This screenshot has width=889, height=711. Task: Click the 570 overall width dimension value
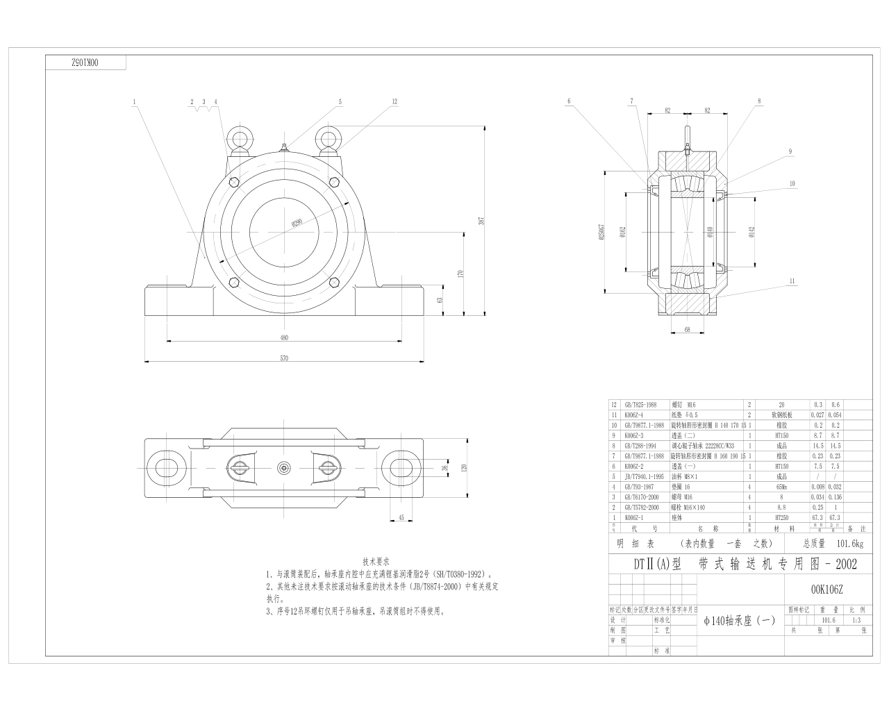point(283,358)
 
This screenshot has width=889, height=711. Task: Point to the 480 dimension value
point(283,338)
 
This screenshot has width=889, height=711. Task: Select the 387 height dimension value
point(481,221)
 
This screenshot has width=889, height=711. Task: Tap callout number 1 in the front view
point(134,101)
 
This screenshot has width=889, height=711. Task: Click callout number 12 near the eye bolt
point(394,101)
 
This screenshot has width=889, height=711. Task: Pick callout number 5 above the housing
point(340,101)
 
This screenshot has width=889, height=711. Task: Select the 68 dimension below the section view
point(687,330)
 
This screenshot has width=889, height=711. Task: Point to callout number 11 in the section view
point(792,281)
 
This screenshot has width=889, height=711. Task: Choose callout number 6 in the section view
point(569,101)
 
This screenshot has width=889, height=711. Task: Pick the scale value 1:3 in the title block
point(856,621)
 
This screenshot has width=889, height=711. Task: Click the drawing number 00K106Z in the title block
point(826,589)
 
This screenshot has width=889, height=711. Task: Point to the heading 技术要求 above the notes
point(376,561)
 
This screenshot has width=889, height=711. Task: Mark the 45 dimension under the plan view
point(401,517)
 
